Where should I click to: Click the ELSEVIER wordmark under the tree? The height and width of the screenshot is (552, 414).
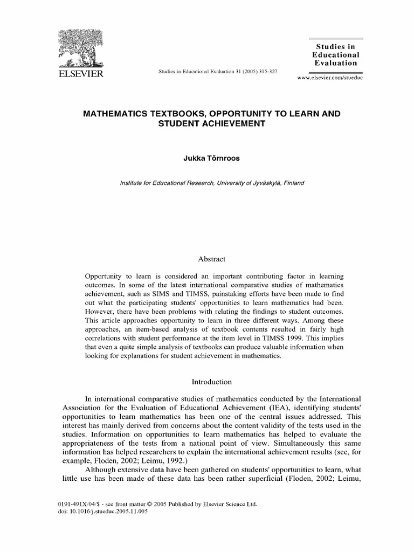point(79,73)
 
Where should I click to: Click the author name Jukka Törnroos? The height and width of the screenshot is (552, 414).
point(207,159)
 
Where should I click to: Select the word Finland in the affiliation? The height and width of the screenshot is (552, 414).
point(294,183)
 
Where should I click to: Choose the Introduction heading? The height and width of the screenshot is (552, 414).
point(208,382)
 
